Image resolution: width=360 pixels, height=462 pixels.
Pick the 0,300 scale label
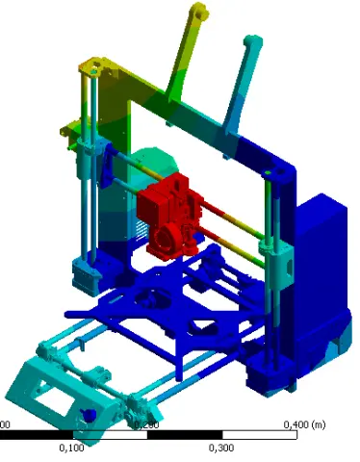(221, 448)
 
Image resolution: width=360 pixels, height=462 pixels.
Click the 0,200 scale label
(146, 424)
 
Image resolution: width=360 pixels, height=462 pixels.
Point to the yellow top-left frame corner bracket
(95, 65)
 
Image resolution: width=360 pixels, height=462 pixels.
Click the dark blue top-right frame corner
(279, 168)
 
